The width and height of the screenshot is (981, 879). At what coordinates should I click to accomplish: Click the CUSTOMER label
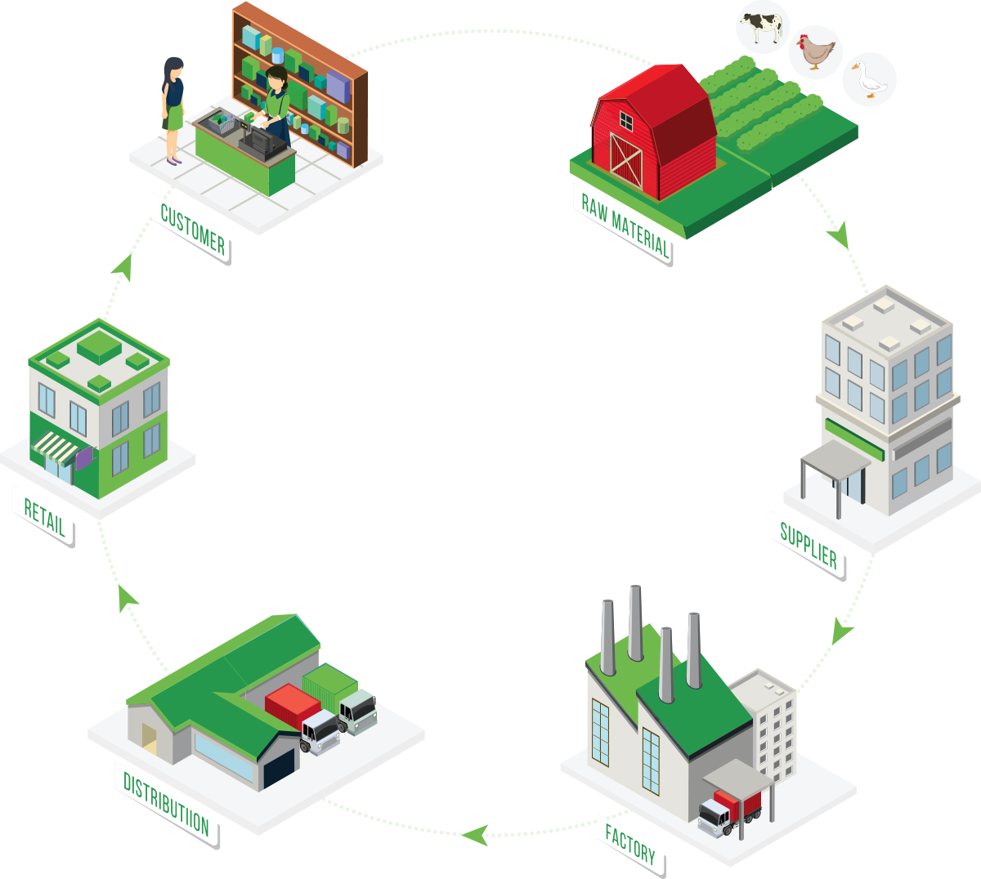click(193, 230)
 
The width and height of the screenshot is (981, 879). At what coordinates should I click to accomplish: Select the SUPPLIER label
click(809, 546)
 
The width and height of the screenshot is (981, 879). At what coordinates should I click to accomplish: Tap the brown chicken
click(817, 52)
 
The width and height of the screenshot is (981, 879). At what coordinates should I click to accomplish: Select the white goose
click(868, 79)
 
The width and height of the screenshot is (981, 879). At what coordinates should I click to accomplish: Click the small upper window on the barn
click(625, 122)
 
